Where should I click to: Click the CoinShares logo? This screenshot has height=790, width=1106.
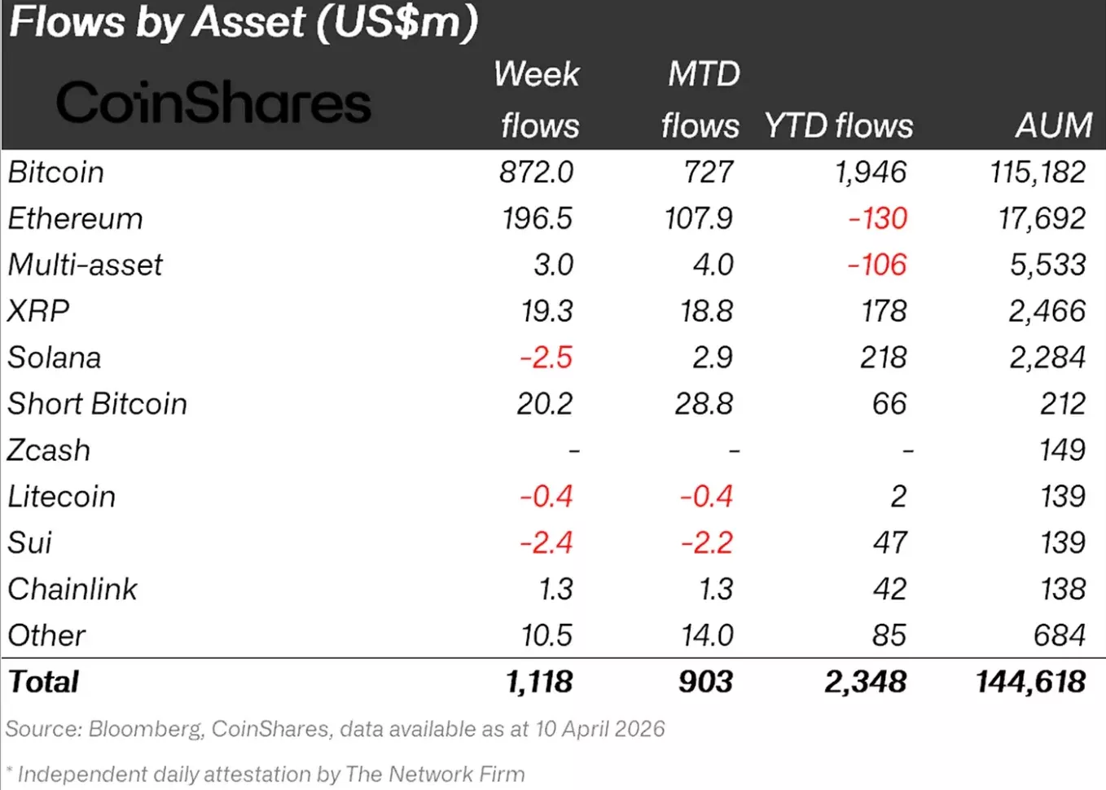tap(213, 102)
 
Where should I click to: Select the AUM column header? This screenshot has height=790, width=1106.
tap(1054, 125)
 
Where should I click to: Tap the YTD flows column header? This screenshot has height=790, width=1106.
tap(838, 125)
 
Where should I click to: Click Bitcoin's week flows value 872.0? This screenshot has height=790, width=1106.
tap(536, 173)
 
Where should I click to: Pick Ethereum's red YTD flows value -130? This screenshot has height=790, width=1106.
tap(878, 218)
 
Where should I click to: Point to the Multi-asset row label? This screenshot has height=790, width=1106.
tap(85, 265)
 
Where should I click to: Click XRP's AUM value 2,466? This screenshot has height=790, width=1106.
tap(1047, 311)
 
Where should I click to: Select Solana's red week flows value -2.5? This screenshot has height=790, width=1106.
tap(546, 358)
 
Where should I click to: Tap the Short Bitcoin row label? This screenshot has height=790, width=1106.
tap(97, 404)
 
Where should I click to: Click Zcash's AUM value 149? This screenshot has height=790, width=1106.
tap(1063, 450)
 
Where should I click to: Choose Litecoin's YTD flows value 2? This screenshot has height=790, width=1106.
tap(898, 496)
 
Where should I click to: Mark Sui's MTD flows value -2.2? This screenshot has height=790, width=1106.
tap(707, 542)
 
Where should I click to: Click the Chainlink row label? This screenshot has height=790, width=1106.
tap(72, 589)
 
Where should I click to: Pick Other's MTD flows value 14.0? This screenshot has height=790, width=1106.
tap(708, 635)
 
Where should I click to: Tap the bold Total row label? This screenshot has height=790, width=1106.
tap(43, 682)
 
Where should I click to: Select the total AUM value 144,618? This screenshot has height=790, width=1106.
tap(1031, 682)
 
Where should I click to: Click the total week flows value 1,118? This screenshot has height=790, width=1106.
tap(539, 682)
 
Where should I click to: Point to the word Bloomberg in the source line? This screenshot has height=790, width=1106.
tap(146, 729)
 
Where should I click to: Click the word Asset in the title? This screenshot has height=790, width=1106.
tap(249, 22)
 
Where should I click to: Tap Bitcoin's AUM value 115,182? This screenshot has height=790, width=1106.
tap(1038, 173)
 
